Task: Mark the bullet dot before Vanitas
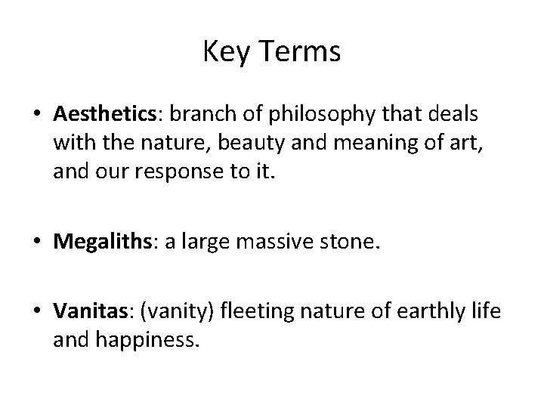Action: (37, 311)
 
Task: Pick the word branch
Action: (195, 114)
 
